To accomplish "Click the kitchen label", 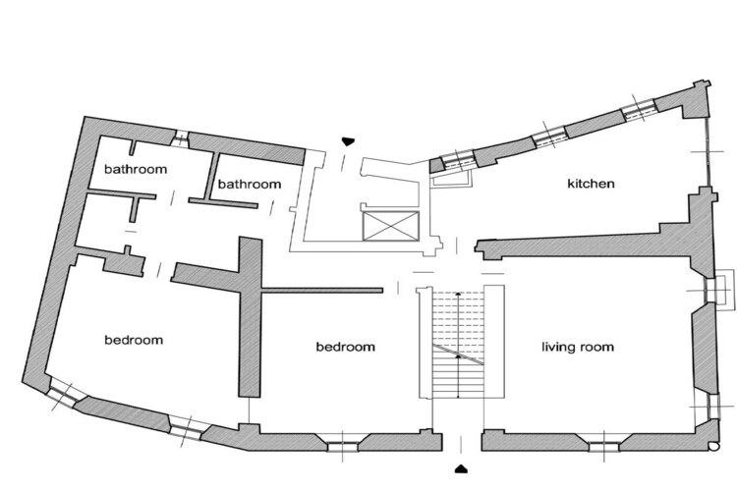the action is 591,184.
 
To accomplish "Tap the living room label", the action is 578,348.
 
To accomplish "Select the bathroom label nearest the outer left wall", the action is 136,169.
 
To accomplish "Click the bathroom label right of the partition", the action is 250,184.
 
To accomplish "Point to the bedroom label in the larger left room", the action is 134,340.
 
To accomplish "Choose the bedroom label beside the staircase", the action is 346,347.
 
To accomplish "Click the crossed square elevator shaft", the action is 390,226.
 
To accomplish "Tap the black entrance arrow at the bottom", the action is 461,468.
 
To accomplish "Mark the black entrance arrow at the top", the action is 347,141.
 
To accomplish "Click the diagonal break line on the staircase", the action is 458,355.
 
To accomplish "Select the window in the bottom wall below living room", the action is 604,446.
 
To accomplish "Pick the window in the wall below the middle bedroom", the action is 343,446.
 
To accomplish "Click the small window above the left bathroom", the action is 180,138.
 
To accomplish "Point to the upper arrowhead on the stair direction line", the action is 458,295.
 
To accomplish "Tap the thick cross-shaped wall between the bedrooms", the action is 250,300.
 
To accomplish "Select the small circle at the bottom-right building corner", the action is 714,446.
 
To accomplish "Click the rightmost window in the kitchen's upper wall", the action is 639,109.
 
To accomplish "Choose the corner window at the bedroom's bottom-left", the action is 64,396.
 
